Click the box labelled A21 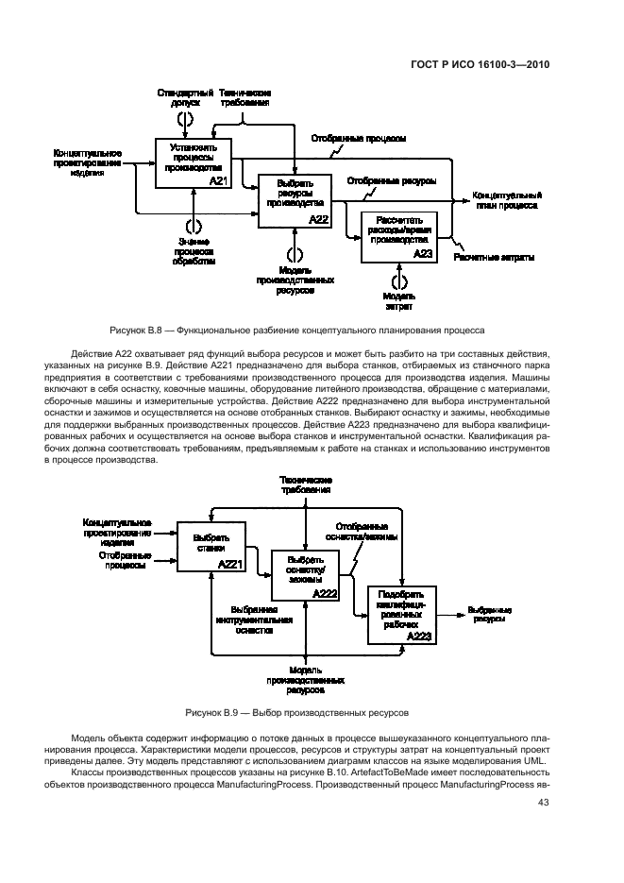[x=193, y=161]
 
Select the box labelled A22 [x=295, y=200]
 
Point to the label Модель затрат [x=397, y=301]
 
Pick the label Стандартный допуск [x=186, y=97]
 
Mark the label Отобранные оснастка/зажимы [x=363, y=532]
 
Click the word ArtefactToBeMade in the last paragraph [x=368, y=772]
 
